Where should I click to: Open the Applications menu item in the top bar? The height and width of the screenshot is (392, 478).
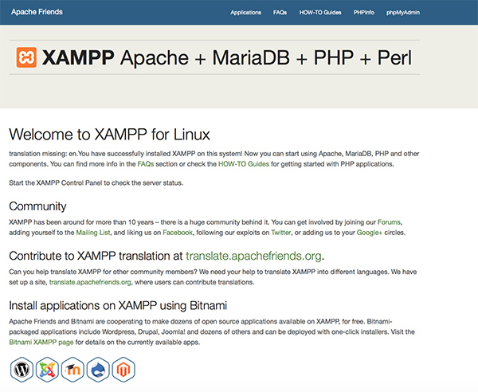tap(245, 13)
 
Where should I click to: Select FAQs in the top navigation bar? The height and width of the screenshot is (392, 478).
tap(280, 13)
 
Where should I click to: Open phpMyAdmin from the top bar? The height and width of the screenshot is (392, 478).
tap(402, 13)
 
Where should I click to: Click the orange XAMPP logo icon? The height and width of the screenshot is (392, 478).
tap(26, 57)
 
